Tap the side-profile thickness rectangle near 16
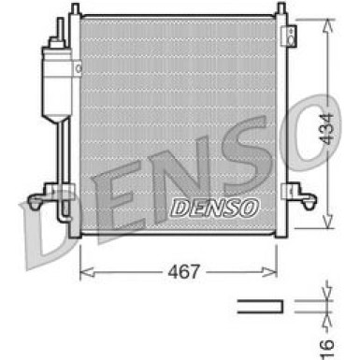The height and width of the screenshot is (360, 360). [x=259, y=305]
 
